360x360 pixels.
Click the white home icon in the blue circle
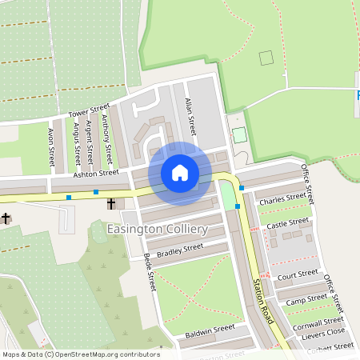[x=180, y=172]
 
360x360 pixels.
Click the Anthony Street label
[x=106, y=134]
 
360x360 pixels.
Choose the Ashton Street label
[x=96, y=172]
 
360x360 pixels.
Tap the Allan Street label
[x=190, y=117]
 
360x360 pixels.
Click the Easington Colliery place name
[x=157, y=230]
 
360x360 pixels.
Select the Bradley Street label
[x=180, y=251]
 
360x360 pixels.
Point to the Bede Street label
[x=149, y=272]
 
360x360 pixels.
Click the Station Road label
[x=263, y=301]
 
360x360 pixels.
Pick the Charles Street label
[x=282, y=197]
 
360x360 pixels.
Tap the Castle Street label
[x=288, y=223]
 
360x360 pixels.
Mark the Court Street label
[x=298, y=274]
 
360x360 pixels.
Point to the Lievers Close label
[x=323, y=334]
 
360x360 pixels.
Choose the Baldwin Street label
[x=210, y=328]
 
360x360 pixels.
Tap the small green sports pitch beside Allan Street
[x=239, y=134]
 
